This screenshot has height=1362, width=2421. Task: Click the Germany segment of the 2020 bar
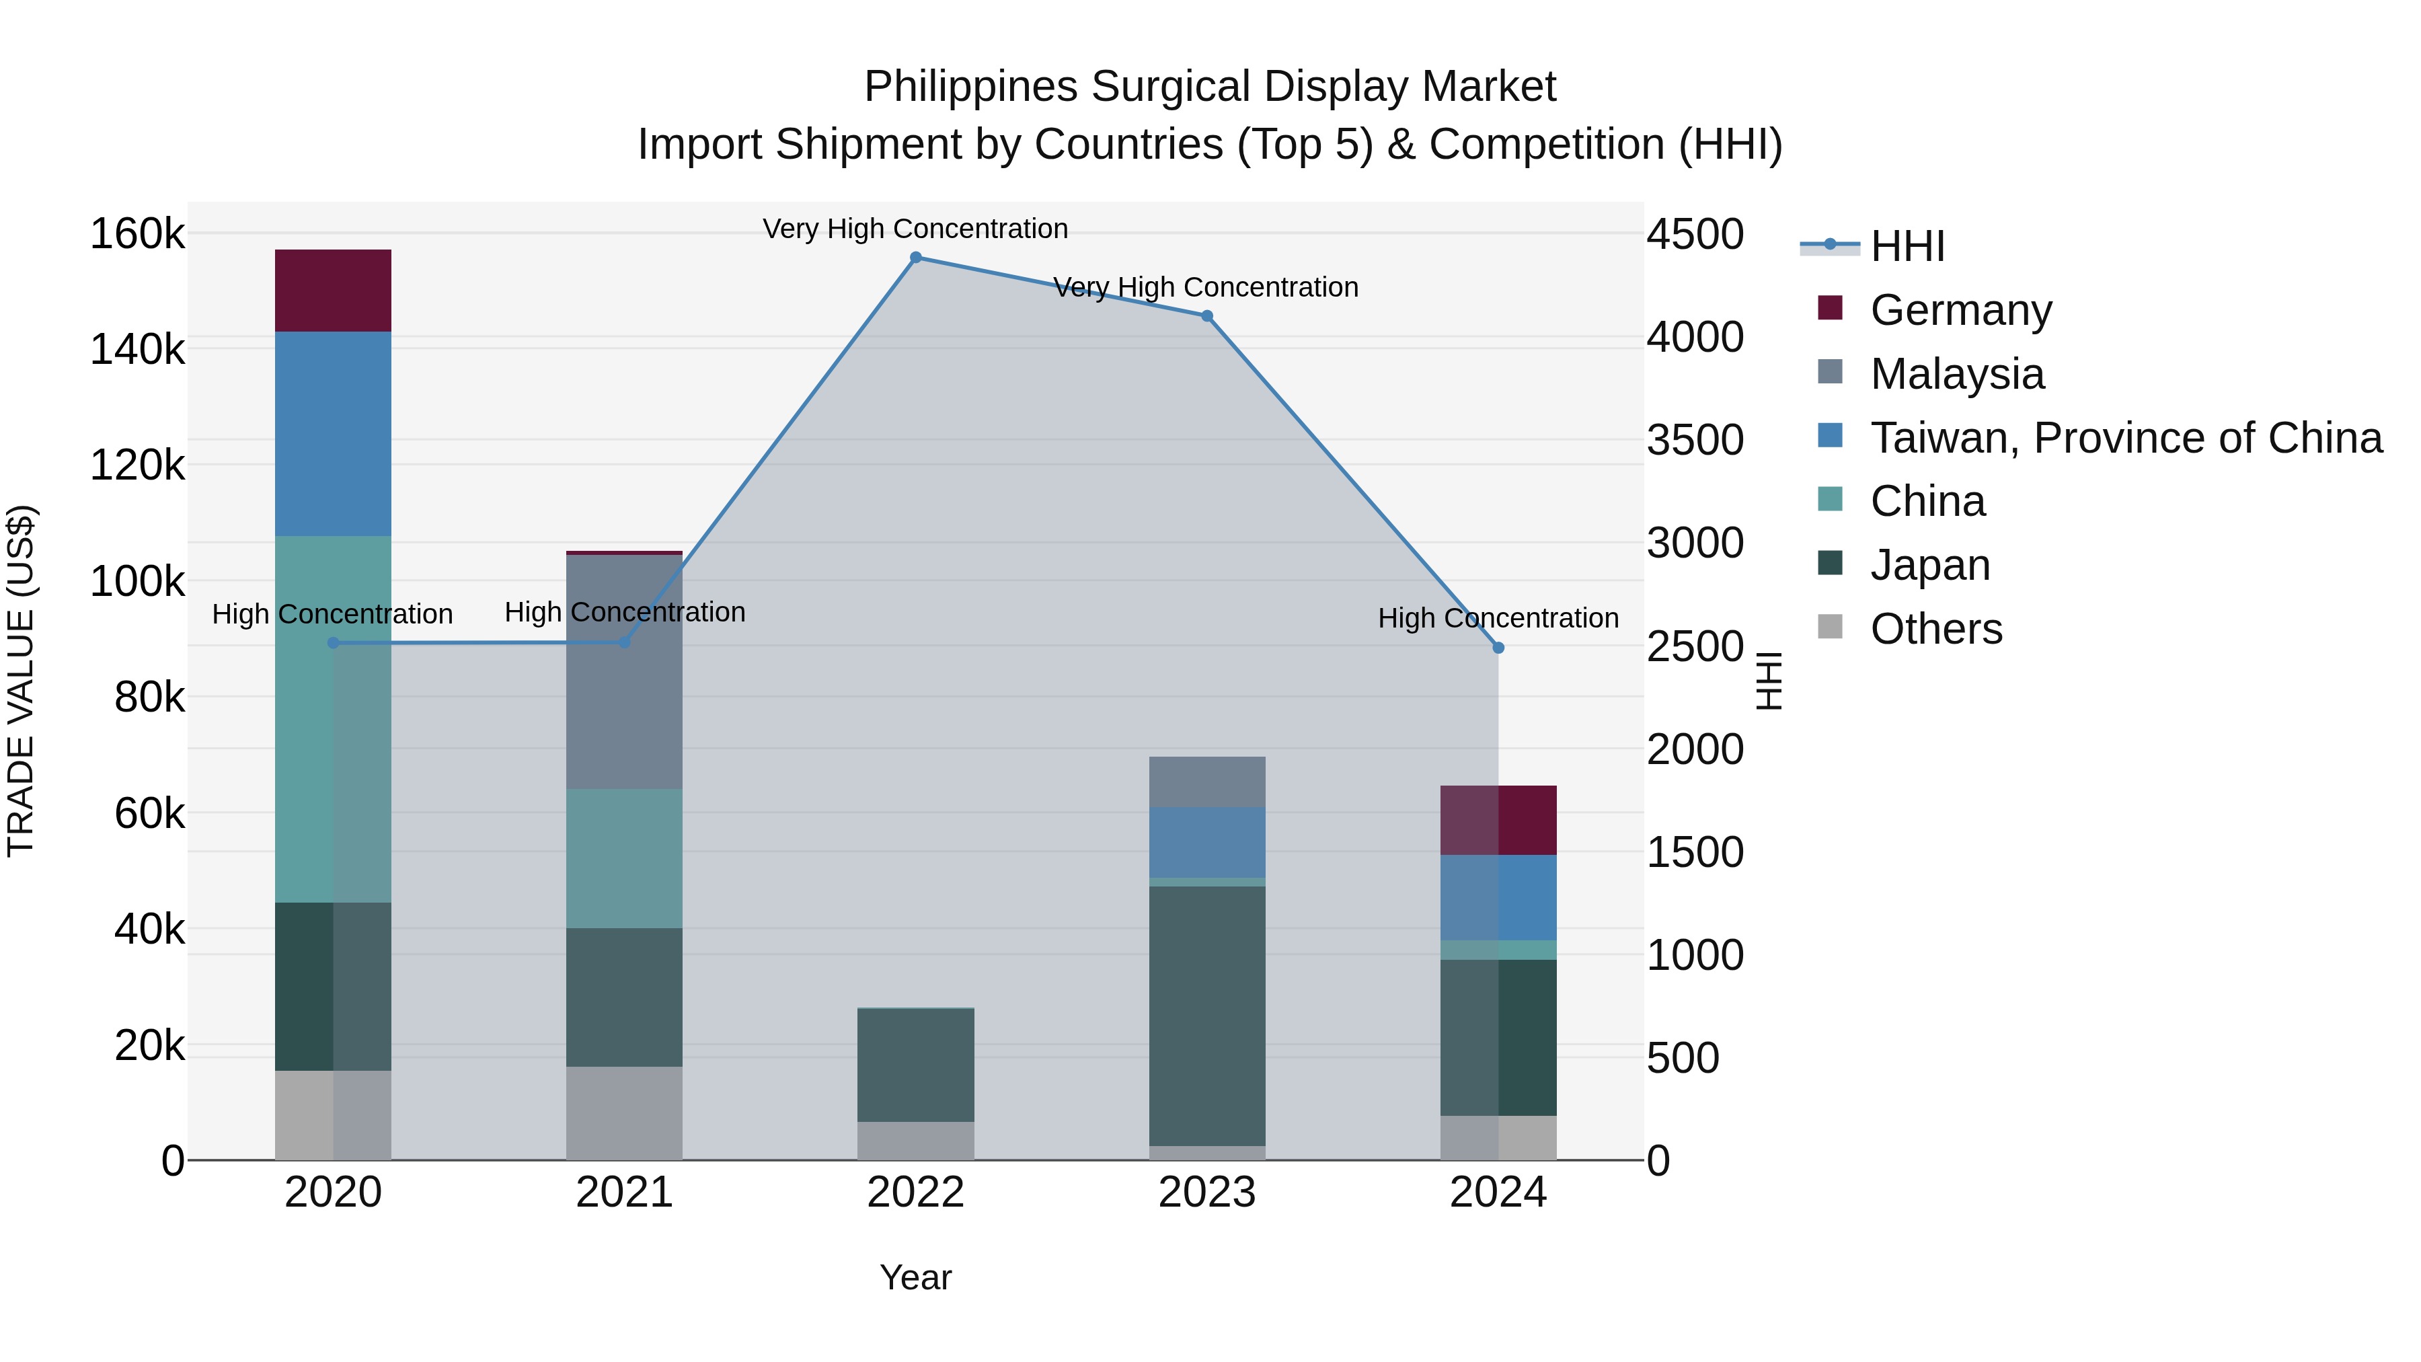[x=333, y=291]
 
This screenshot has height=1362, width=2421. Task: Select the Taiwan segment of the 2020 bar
[x=333, y=433]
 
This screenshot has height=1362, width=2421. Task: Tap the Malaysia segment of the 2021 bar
[x=624, y=671]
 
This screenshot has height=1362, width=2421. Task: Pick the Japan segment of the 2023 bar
[x=1206, y=1015]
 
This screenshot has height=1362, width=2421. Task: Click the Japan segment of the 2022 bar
[x=915, y=1065]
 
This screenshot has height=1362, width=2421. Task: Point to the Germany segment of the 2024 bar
[x=1498, y=820]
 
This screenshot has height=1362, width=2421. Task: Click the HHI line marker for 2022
[x=915, y=258]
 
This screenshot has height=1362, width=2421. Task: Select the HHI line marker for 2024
[x=1498, y=648]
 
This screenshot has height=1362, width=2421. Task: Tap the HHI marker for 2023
[x=1206, y=316]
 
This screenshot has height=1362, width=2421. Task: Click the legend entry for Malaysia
[x=1957, y=374]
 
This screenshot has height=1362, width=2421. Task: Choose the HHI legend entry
[x=1907, y=246]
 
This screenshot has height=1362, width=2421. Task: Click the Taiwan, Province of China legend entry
[x=2126, y=438]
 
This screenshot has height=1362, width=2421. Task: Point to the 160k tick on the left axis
[x=137, y=234]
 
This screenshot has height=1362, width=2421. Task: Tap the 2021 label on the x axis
[x=624, y=1193]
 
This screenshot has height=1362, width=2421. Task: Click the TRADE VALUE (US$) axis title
[x=21, y=681]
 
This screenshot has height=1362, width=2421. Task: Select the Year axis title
[x=915, y=1277]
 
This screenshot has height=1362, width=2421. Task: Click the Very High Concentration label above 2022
[x=915, y=229]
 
